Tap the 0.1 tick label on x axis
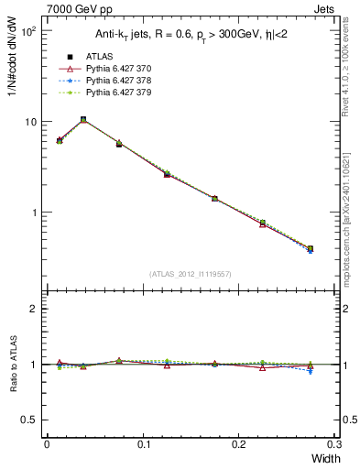tap(143, 444)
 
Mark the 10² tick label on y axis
tap(29, 31)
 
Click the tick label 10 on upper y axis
tap(30, 122)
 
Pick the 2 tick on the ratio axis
tap(35, 309)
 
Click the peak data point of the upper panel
tap(83, 119)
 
